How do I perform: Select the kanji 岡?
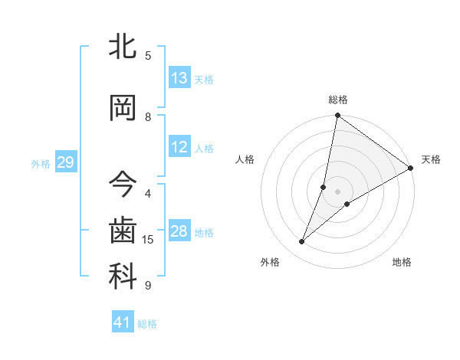(x=123, y=108)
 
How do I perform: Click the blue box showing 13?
(x=179, y=79)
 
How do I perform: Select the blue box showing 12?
(x=179, y=148)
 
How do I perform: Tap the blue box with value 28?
(x=179, y=232)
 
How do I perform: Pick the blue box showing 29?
(x=65, y=162)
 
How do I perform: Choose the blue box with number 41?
(x=123, y=323)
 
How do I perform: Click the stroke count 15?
(x=148, y=240)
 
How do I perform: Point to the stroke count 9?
(x=148, y=286)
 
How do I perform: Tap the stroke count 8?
(x=148, y=117)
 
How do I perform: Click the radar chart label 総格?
(x=338, y=100)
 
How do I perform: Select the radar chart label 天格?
(x=431, y=159)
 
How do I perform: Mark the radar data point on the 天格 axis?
(x=411, y=168)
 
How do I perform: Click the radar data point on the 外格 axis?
(x=302, y=242)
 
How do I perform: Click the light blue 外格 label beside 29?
(x=40, y=163)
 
